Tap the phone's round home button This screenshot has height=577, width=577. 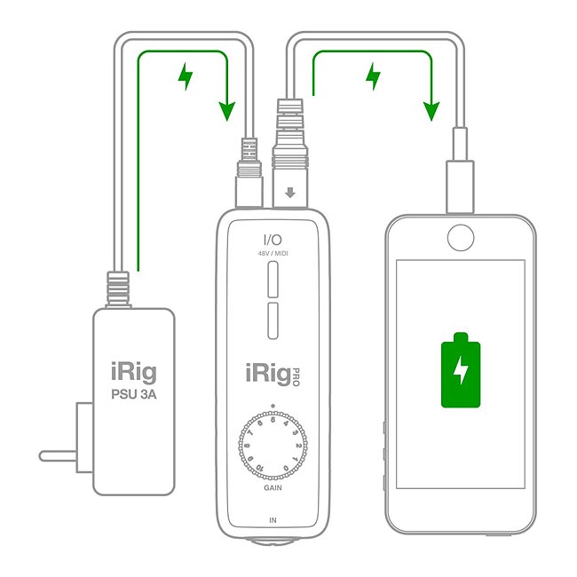[461, 237]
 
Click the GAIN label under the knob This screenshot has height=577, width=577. [273, 488]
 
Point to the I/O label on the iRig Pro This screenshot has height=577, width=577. [273, 238]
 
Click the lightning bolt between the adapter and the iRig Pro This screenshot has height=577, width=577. [185, 77]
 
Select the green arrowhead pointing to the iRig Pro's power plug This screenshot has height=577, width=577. [227, 111]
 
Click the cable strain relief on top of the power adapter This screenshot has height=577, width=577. [119, 288]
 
